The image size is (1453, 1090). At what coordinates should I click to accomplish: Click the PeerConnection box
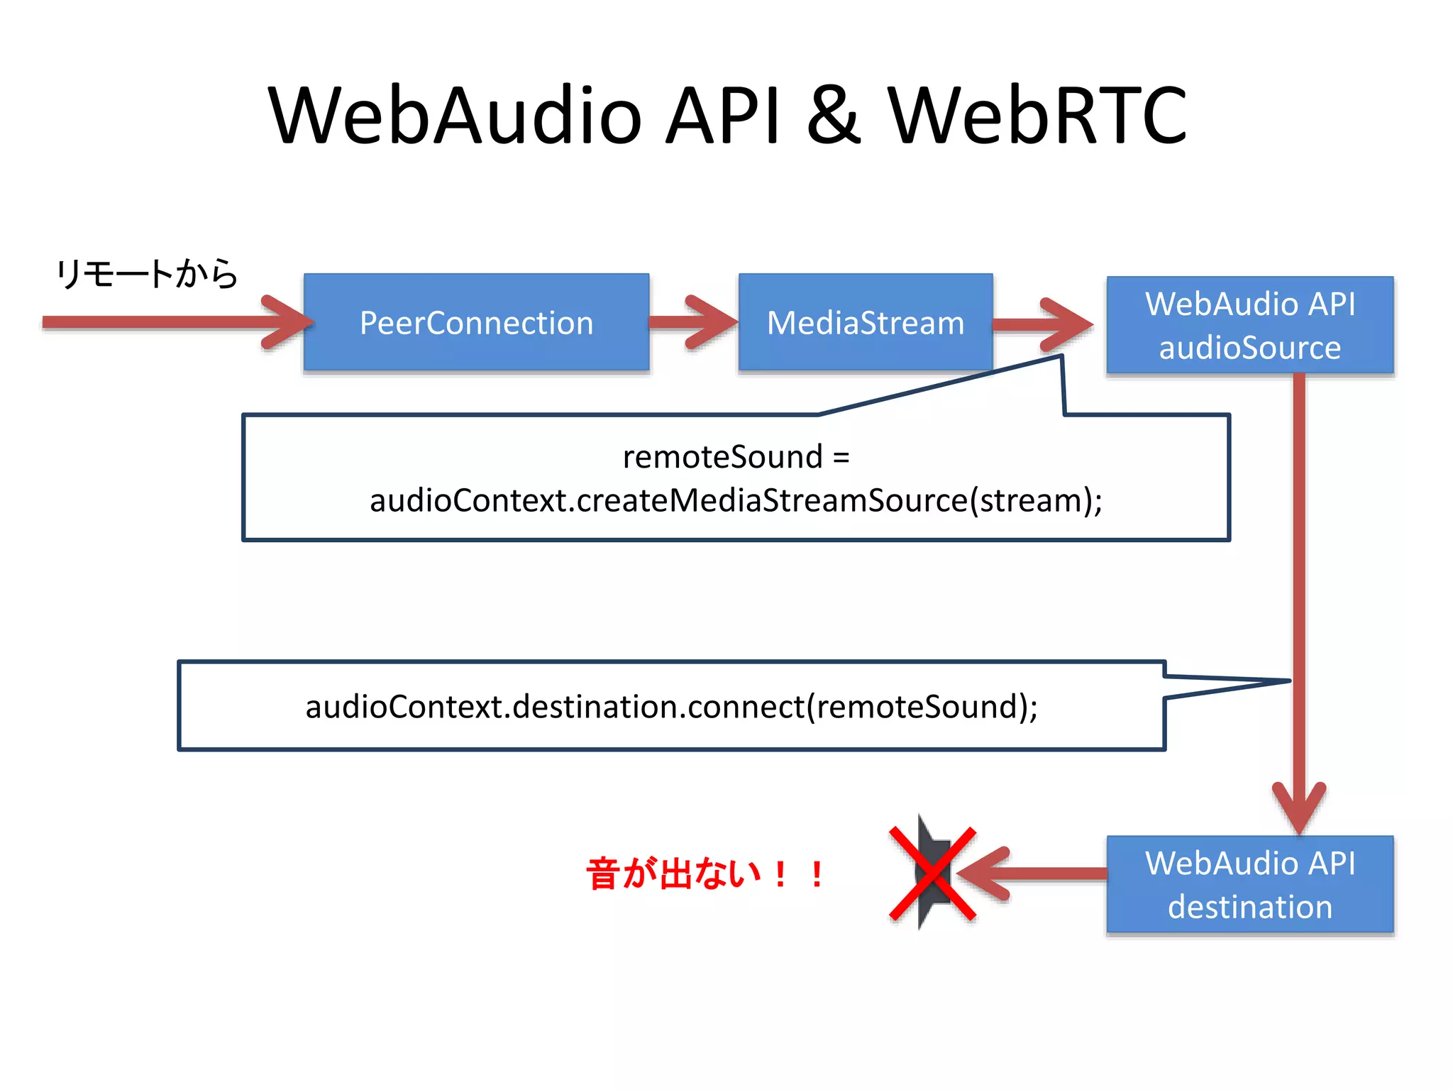[x=476, y=323]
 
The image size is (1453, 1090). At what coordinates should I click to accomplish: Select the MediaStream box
[x=865, y=323]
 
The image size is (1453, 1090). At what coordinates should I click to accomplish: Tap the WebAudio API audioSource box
[x=1249, y=325]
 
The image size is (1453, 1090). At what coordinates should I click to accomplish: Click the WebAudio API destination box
[x=1249, y=884]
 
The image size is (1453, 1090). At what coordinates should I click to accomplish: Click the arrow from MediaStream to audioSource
[x=1043, y=325]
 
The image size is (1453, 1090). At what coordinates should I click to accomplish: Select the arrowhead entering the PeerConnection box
[x=287, y=323]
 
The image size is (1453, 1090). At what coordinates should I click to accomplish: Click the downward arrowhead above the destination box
[x=1299, y=809]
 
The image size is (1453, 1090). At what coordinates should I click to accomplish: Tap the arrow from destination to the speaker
[x=1036, y=874]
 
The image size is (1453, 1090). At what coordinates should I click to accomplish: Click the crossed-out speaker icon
[x=932, y=874]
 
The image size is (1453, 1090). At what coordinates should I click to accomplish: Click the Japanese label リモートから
[x=147, y=274]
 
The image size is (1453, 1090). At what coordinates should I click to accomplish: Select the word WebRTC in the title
[x=1037, y=115]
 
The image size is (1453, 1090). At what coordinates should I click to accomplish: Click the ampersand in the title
[x=834, y=115]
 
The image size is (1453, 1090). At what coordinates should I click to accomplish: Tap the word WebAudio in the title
[x=454, y=115]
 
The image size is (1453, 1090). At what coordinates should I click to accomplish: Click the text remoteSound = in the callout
[x=736, y=456]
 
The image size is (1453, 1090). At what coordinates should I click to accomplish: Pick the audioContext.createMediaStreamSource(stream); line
[x=736, y=500]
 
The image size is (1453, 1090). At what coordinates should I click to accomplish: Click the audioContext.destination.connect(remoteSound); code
[x=671, y=706]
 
